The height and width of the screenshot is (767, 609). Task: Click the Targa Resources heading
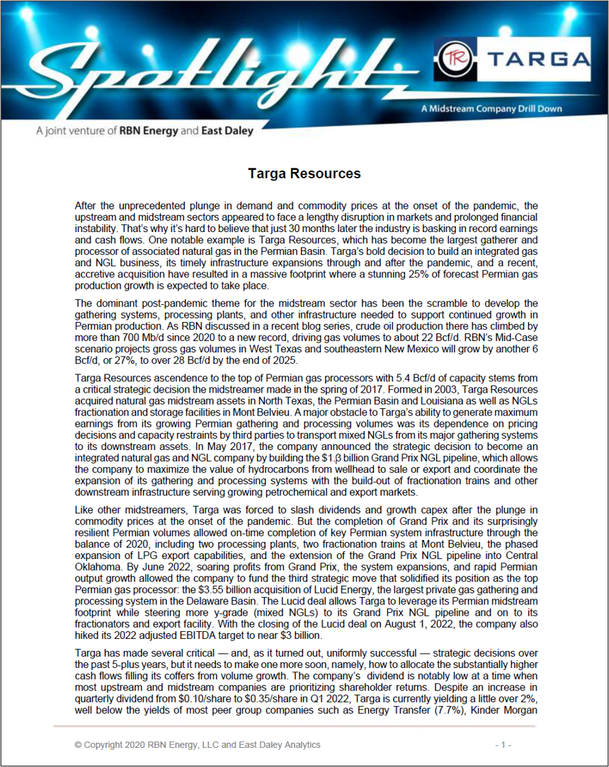pos(304,173)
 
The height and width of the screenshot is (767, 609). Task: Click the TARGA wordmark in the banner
pos(535,60)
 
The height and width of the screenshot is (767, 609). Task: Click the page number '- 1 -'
pos(503,744)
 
